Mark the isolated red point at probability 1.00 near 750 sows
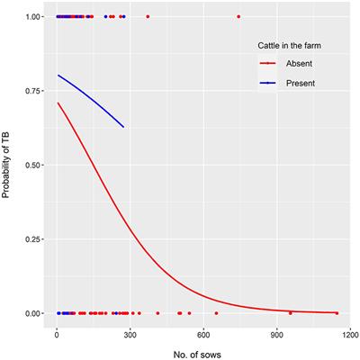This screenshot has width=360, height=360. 238,16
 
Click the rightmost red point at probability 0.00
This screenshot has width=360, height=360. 337,313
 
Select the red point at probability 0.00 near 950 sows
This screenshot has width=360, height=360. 290,313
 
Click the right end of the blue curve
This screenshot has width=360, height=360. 123,127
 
